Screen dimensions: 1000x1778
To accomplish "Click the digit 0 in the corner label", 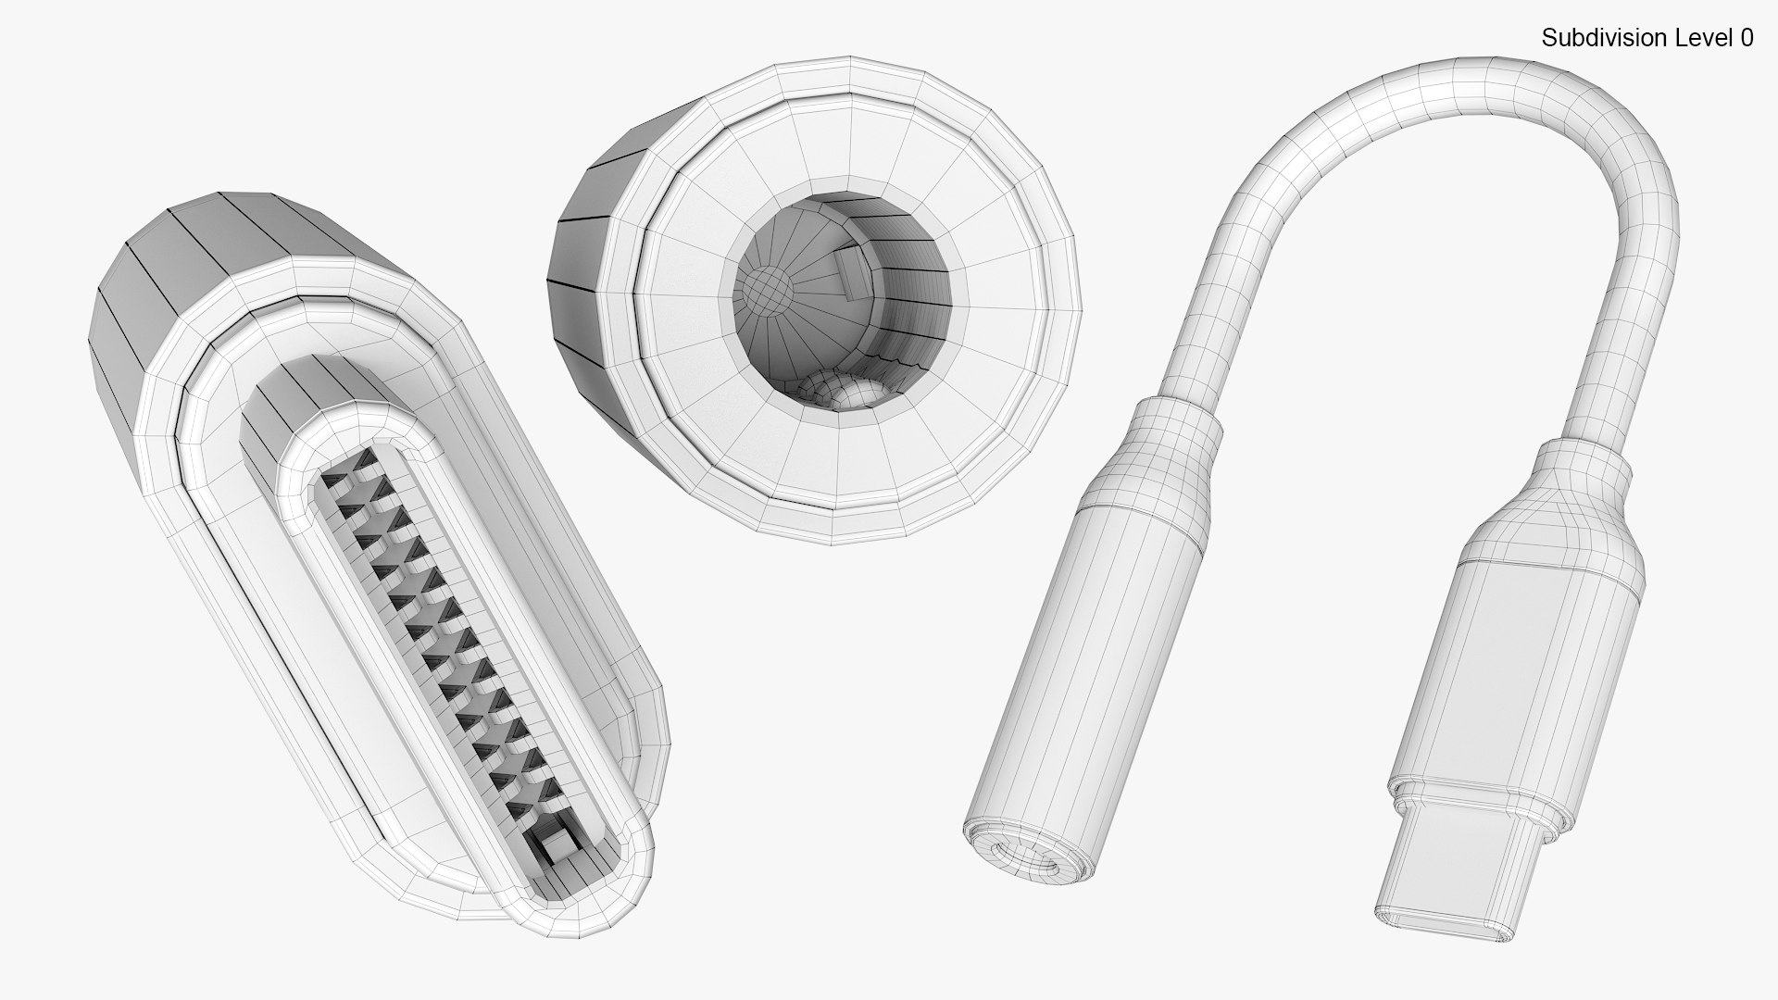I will point(1746,38).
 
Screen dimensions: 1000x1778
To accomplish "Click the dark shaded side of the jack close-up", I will point(579,250).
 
